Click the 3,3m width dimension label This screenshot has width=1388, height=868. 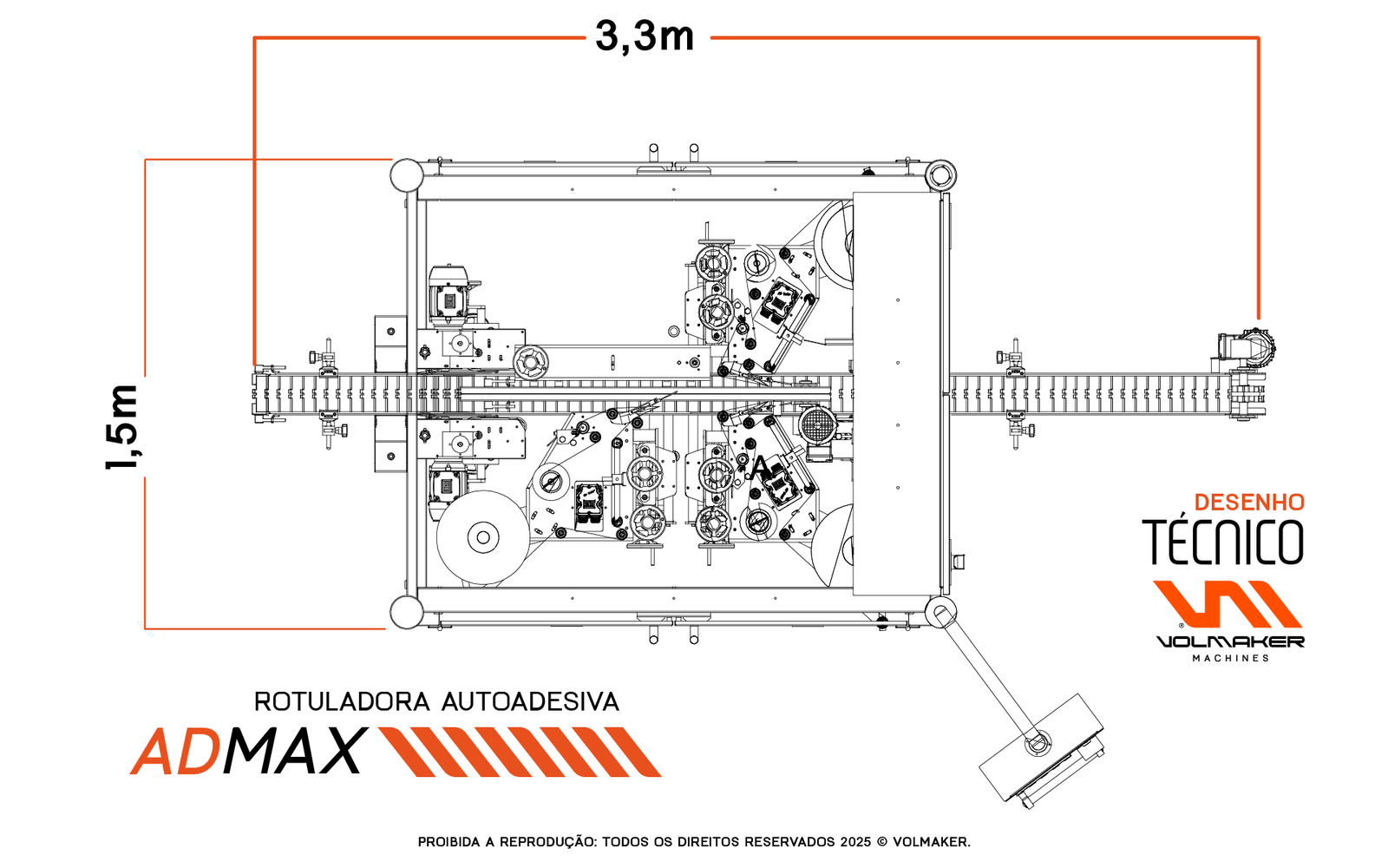coord(645,37)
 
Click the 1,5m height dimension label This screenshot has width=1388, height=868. coord(122,427)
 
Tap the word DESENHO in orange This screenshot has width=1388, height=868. coord(1249,503)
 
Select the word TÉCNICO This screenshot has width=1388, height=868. coord(1223,542)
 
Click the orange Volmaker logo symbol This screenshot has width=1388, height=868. coord(1227,604)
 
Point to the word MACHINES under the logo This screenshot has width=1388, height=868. coord(1231,659)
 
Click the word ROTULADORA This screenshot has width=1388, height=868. coord(342,702)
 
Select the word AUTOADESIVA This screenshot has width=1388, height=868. coord(530,702)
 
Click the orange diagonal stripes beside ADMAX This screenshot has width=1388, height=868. coord(520,752)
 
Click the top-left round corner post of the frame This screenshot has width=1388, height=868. coord(407,175)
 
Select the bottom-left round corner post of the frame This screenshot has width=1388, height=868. coord(407,612)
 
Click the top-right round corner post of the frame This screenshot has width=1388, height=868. coord(940,175)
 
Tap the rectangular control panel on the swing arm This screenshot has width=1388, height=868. coord(1041,750)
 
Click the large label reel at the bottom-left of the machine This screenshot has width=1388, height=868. coord(482,537)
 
